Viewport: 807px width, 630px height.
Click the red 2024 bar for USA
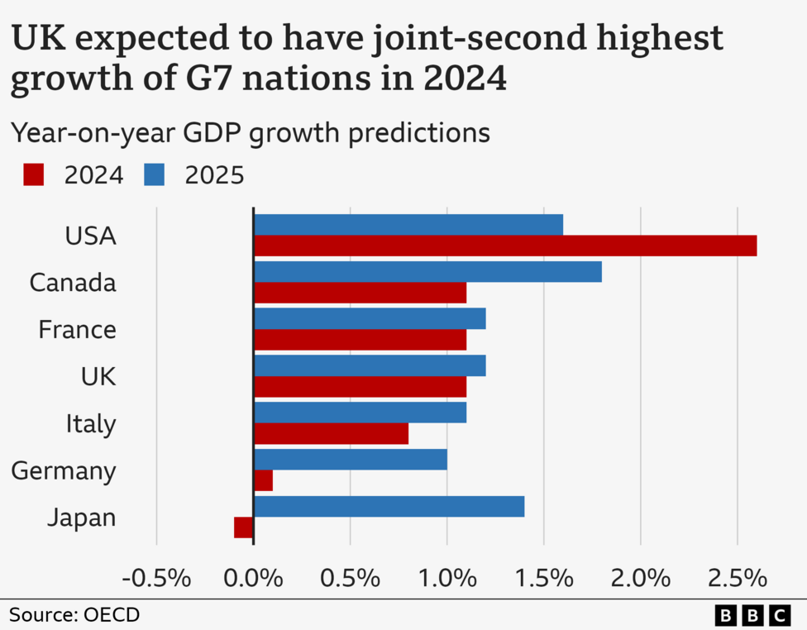pyautogui.click(x=504, y=246)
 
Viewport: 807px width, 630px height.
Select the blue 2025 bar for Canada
pyautogui.click(x=427, y=272)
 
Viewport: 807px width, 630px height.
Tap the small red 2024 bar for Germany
pyautogui.click(x=263, y=480)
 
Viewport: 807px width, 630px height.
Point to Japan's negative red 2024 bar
pyautogui.click(x=244, y=527)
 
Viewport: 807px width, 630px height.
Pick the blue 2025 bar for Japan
pyautogui.click(x=389, y=506)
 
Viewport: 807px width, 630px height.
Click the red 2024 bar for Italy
pyautogui.click(x=331, y=433)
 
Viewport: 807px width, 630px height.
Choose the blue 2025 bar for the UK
pyautogui.click(x=370, y=365)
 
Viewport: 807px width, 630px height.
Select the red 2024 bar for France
pyautogui.click(x=360, y=340)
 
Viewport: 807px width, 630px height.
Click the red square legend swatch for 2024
pyautogui.click(x=33, y=174)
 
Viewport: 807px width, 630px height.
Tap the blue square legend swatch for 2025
pyautogui.click(x=155, y=174)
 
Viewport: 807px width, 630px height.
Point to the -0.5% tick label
pyautogui.click(x=156, y=577)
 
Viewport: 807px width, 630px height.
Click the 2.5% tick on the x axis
pyautogui.click(x=738, y=577)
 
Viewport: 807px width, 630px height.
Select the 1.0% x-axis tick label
pyautogui.click(x=446, y=577)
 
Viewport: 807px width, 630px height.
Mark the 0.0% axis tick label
pyautogui.click(x=253, y=577)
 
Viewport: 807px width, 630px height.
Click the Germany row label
pyautogui.click(x=64, y=471)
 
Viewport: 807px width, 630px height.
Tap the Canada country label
pyautogui.click(x=73, y=283)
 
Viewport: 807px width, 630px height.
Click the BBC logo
pyautogui.click(x=752, y=615)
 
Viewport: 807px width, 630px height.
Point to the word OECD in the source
pyautogui.click(x=112, y=615)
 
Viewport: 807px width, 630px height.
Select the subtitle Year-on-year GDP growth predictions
pyautogui.click(x=250, y=132)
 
